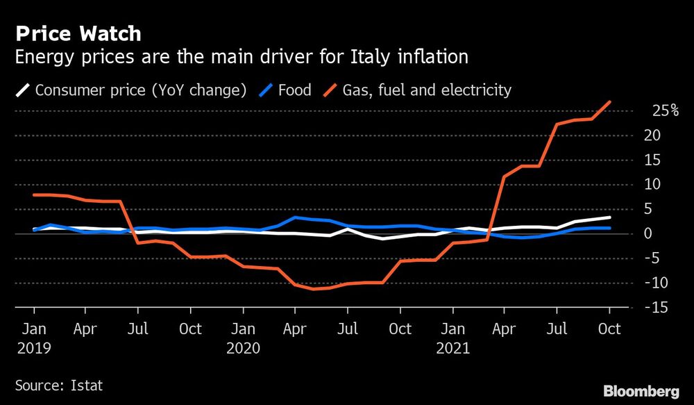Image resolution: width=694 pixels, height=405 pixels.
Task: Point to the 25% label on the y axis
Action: click(665, 110)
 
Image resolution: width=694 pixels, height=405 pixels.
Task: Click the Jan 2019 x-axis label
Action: click(34, 337)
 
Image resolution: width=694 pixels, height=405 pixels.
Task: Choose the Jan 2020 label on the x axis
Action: click(243, 337)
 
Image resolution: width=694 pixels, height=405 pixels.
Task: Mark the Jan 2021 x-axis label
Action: click(453, 337)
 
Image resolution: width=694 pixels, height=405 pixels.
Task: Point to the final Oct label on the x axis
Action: click(610, 328)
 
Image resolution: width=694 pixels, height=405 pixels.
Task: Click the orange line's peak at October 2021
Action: click(610, 102)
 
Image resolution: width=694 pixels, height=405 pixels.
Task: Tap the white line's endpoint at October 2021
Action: click(610, 217)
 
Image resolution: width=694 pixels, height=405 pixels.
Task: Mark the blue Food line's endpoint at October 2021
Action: click(610, 228)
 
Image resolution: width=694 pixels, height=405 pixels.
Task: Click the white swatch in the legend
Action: click(23, 90)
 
